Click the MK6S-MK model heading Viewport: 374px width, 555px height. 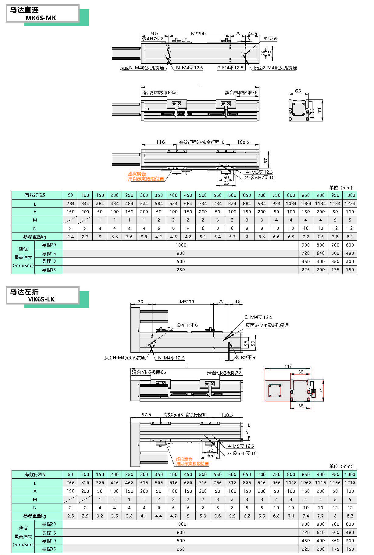pyautogui.click(x=41, y=18)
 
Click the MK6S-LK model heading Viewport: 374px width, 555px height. pyautogui.click(x=41, y=299)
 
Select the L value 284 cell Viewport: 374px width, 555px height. pyautogui.click(x=70, y=204)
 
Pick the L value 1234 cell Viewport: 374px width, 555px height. pyautogui.click(x=350, y=204)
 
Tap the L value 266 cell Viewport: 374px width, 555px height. pyautogui.click(x=70, y=483)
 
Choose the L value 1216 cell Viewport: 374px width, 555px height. pyautogui.click(x=350, y=483)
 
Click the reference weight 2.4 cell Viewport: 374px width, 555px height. pyautogui.click(x=70, y=236)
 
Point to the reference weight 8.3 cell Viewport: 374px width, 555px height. pyautogui.click(x=350, y=516)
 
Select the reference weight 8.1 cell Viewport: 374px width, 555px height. pyautogui.click(x=350, y=236)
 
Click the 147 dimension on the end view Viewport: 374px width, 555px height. pyautogui.click(x=288, y=366)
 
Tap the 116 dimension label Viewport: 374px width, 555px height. pyautogui.click(x=160, y=142)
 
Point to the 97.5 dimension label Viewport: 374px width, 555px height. pyautogui.click(x=146, y=415)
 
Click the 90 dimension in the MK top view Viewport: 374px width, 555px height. pyautogui.click(x=155, y=34)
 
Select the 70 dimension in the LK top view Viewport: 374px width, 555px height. pyautogui.click(x=140, y=301)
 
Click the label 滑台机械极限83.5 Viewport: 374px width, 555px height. pyautogui.click(x=159, y=92)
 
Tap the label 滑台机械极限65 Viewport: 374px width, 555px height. pyautogui.click(x=149, y=372)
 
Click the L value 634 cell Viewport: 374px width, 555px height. pyautogui.click(x=173, y=204)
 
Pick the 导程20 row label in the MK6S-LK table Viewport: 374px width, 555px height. pyautogui.click(x=49, y=524)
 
